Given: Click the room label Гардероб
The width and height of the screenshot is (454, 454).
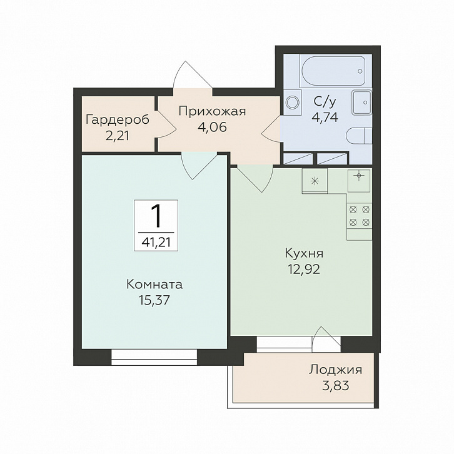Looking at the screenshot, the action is (x=118, y=119).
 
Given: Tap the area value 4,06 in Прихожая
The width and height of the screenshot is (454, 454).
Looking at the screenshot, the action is (x=212, y=127).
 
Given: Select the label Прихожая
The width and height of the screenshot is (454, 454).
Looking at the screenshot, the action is (x=212, y=111).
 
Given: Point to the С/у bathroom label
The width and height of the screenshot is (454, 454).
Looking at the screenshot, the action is (x=325, y=102).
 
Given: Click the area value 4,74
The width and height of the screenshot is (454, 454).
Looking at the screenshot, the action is (x=325, y=118).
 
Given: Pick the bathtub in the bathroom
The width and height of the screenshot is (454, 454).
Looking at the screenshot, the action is (x=333, y=71).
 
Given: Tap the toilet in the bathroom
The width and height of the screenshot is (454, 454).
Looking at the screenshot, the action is (x=359, y=136).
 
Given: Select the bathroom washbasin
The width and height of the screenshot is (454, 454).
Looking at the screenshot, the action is (x=362, y=102).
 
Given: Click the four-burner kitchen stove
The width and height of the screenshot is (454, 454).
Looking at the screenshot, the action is (x=360, y=216).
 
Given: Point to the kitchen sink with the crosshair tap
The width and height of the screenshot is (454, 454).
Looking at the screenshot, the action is (x=359, y=181).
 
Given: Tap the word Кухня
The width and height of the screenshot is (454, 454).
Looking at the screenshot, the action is (x=304, y=253).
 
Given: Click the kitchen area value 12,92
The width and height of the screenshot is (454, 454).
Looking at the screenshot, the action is (x=304, y=270).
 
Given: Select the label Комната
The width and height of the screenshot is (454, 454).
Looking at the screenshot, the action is (x=154, y=285).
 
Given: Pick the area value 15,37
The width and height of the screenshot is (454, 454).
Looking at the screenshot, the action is (x=154, y=301).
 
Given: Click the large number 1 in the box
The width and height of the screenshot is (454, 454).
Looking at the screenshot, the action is (x=156, y=215).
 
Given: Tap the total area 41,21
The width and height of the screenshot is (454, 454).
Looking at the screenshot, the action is (x=156, y=242).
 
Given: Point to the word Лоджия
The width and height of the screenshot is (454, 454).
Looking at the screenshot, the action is (x=335, y=370).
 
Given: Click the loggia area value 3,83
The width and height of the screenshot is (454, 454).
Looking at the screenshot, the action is (x=336, y=386).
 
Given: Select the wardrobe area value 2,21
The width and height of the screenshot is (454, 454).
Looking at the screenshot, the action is (x=118, y=136).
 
